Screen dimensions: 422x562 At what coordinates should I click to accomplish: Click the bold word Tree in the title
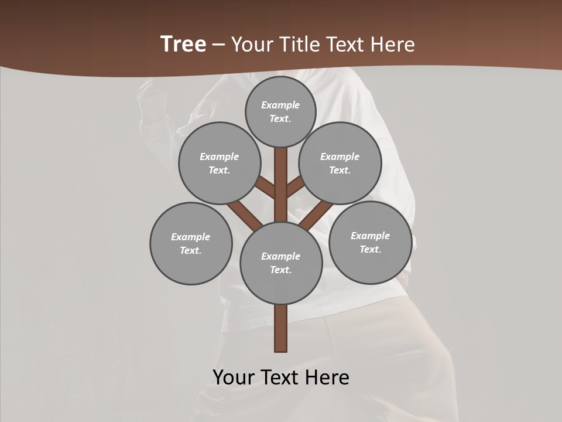(183, 45)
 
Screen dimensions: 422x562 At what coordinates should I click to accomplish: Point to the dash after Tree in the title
(219, 45)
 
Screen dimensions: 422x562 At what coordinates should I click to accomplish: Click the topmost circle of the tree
(280, 111)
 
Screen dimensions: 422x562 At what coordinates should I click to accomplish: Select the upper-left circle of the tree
(220, 163)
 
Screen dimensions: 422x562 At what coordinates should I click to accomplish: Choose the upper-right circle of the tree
(340, 163)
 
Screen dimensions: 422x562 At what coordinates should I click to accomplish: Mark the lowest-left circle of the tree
(191, 243)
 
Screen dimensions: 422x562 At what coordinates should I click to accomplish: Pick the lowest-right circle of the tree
(370, 242)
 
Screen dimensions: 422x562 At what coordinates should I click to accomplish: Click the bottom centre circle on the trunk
(281, 263)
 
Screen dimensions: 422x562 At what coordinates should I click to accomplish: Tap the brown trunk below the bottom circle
(281, 328)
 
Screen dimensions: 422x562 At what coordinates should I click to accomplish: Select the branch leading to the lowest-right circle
(317, 214)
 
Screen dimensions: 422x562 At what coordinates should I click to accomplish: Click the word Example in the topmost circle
(280, 105)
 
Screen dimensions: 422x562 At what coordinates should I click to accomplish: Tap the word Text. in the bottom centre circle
(280, 270)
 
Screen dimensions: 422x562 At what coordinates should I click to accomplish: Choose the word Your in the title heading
(251, 45)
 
